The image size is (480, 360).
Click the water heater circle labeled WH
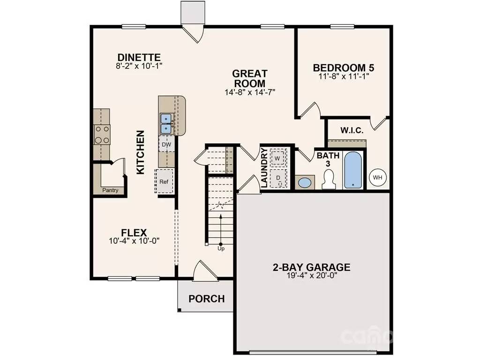[x=378, y=178]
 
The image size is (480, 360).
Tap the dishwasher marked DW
[x=166, y=144]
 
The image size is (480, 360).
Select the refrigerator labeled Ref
[x=165, y=181]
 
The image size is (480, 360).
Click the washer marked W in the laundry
[x=278, y=158]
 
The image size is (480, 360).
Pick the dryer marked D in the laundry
[x=278, y=178]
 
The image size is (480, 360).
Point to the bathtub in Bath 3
[x=353, y=170]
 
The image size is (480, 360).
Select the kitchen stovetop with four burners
[x=102, y=135]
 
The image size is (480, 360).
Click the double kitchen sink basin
[x=166, y=123]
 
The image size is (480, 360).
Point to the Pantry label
[x=110, y=190]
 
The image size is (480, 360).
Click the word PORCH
[x=207, y=299]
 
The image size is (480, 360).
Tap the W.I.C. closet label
[x=352, y=130]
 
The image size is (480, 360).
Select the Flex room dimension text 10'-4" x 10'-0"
[x=135, y=241]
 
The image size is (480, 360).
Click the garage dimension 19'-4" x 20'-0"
[x=312, y=275]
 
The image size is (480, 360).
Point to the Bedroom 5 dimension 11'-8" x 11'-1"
[x=344, y=76]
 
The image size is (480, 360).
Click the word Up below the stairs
[x=221, y=248]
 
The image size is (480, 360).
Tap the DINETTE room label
[x=139, y=57]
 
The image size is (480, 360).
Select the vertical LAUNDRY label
[x=264, y=168]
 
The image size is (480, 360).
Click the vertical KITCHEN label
[x=140, y=152]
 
